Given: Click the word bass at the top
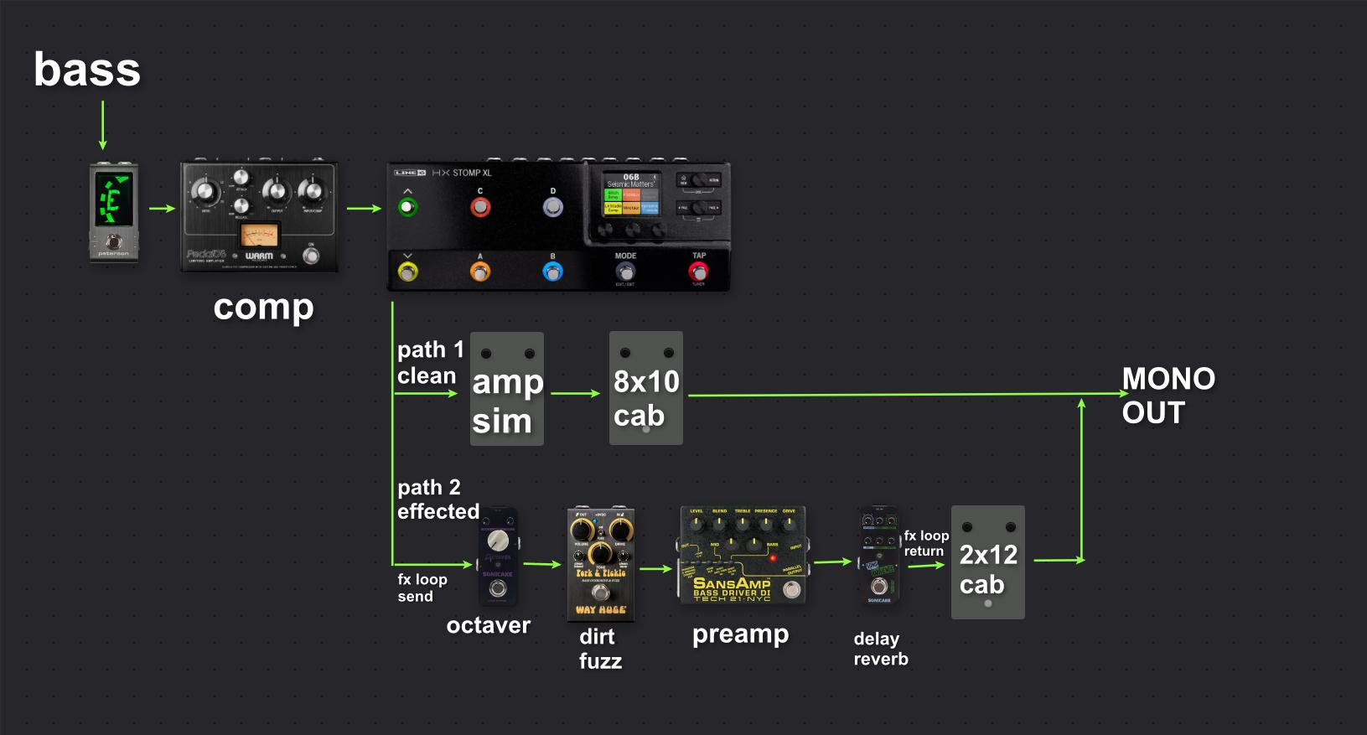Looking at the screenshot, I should click(x=86, y=70).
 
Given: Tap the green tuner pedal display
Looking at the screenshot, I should click(x=113, y=199).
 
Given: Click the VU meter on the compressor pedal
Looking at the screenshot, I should click(x=257, y=235).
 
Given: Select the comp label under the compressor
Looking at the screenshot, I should click(x=263, y=307).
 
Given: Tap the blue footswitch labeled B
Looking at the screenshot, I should click(x=552, y=272).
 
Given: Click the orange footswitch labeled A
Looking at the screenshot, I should click(x=479, y=272).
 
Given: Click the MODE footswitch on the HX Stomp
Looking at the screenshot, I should click(x=625, y=271).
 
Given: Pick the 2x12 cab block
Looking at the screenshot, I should click(x=987, y=563).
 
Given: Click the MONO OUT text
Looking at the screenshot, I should click(x=1168, y=396).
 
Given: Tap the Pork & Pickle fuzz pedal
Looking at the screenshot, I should click(x=600, y=564).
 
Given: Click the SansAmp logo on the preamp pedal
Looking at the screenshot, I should click(x=731, y=583).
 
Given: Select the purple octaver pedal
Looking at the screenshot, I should click(x=497, y=556).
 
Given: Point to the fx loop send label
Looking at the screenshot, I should click(x=422, y=587).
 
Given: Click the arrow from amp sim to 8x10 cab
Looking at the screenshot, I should click(x=576, y=393).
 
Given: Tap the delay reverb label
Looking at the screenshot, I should click(x=880, y=649).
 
